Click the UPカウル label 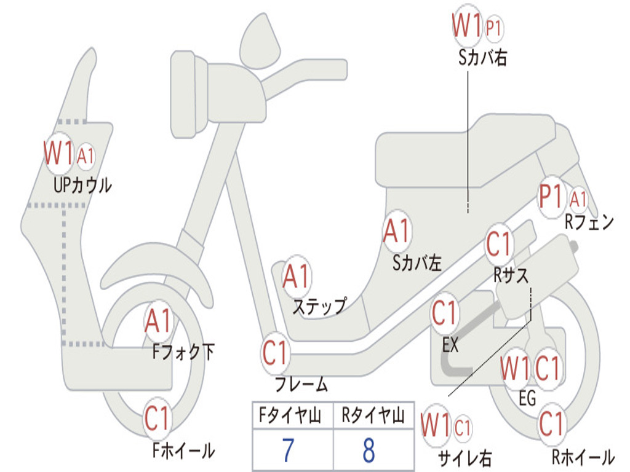82,184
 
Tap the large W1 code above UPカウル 58,153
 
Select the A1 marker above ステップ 297,277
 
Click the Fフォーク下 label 183,352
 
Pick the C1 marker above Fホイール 157,419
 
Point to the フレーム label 301,385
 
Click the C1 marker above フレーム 276,353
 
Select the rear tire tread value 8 369,450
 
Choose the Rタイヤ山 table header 373,417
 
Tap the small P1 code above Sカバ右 494,27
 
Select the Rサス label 511,275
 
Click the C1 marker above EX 445,313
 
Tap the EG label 527,398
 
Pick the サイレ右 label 465,458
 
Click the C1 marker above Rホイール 552,423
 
